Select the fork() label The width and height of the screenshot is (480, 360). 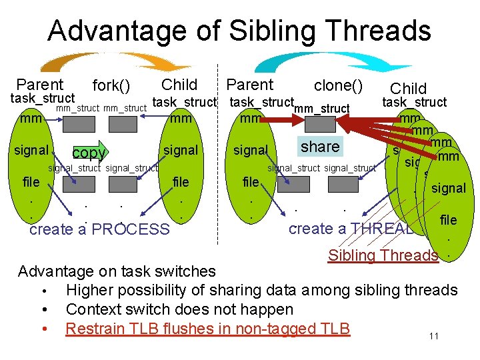[111, 86]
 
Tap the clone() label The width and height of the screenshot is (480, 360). [338, 85]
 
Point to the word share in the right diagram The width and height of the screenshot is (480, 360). [320, 146]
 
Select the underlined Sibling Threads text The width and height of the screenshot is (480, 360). [383, 255]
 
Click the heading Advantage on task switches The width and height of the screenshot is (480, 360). [117, 271]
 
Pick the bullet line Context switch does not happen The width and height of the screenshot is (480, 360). [179, 309]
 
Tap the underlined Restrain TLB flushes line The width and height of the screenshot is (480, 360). [207, 329]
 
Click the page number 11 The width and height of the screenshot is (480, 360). [433, 336]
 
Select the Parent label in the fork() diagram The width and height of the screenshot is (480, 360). [39, 85]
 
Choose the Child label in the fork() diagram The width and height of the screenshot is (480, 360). [179, 85]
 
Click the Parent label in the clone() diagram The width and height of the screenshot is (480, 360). [249, 85]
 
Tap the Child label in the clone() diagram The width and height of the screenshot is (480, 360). [408, 89]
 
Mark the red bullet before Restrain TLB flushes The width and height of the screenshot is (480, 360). [43, 329]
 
